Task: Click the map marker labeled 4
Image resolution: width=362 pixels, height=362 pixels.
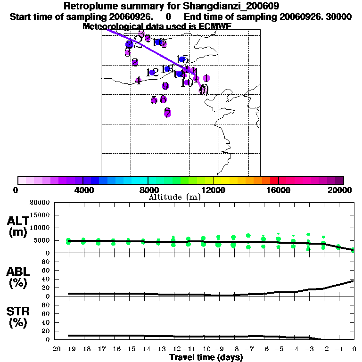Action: click(138, 81)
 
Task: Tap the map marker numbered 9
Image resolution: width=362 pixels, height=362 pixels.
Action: click(165, 86)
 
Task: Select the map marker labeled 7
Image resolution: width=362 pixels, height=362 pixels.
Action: click(167, 113)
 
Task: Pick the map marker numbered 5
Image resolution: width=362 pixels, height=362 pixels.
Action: click(154, 100)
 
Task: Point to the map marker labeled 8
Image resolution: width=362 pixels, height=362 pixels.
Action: click(163, 99)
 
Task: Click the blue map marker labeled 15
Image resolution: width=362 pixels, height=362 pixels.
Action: click(182, 59)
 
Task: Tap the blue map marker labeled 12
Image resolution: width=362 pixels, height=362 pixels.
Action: click(152, 73)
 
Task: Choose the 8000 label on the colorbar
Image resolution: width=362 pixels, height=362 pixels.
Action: click(148, 190)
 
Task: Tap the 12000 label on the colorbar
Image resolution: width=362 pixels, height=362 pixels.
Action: click(213, 190)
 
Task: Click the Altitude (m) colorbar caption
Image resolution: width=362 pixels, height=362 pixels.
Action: click(174, 197)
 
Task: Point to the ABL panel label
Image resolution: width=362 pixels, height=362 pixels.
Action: click(17, 277)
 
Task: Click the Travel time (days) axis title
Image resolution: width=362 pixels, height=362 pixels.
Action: click(206, 358)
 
